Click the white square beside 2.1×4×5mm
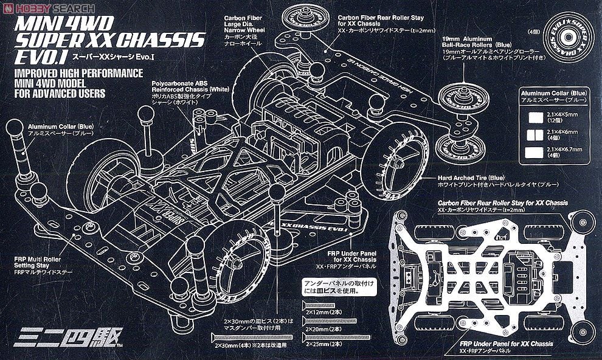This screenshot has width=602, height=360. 536,116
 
